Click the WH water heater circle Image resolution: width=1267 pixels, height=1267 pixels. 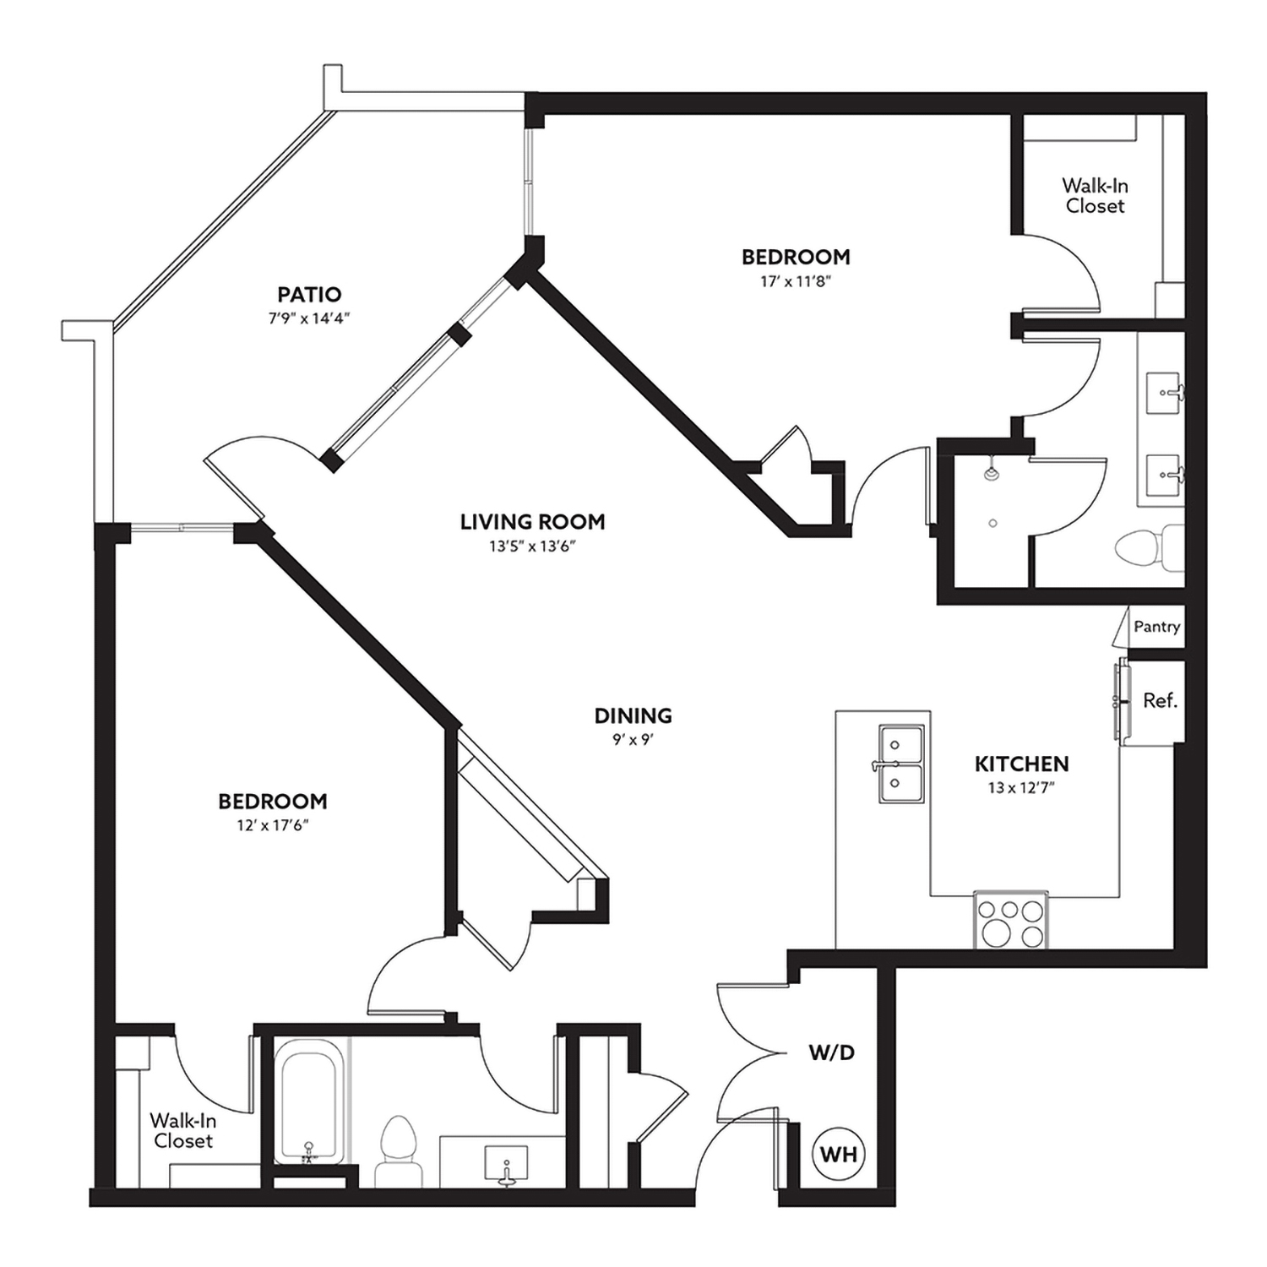click(x=838, y=1154)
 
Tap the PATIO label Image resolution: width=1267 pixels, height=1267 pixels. click(x=309, y=295)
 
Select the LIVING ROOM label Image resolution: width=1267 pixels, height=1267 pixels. click(x=532, y=522)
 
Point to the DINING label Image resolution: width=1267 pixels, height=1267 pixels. click(x=633, y=715)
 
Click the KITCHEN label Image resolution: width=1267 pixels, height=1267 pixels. click(x=1021, y=764)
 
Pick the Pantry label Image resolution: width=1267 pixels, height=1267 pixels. click(x=1156, y=627)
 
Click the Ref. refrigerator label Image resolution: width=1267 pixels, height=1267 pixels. click(x=1159, y=700)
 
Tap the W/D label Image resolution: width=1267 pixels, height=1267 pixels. click(x=831, y=1052)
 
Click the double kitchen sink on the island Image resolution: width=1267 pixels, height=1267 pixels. click(x=900, y=764)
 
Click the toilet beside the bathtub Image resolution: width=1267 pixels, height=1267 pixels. click(x=398, y=1148)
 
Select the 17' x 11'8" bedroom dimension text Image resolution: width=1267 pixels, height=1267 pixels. click(x=796, y=281)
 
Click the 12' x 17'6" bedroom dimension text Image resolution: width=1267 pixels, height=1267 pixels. click(x=272, y=825)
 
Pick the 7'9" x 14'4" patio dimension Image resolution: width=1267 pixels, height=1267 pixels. click(x=309, y=318)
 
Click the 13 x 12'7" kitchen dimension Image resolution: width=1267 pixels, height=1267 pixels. click(x=1021, y=788)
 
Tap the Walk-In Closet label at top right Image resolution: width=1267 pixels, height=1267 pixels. click(x=1095, y=195)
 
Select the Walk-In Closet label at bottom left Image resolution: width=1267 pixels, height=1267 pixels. click(x=182, y=1130)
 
